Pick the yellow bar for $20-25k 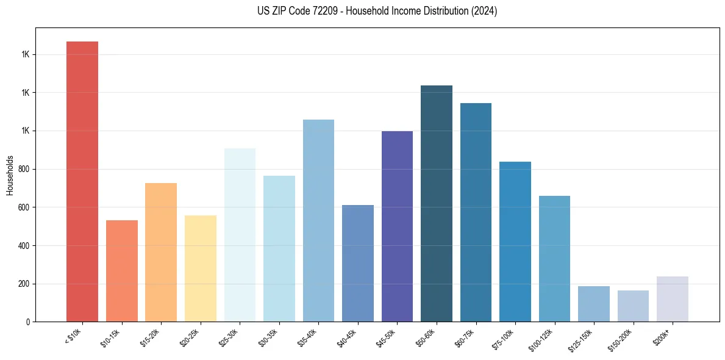(x=201, y=268)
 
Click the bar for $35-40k (x=318, y=220)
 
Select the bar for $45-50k (x=397, y=226)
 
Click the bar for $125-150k (x=594, y=304)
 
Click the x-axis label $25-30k (x=229, y=338)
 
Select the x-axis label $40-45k (x=347, y=338)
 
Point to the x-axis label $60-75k (x=465, y=338)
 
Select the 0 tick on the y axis (x=28, y=322)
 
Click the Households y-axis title (x=10, y=175)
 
